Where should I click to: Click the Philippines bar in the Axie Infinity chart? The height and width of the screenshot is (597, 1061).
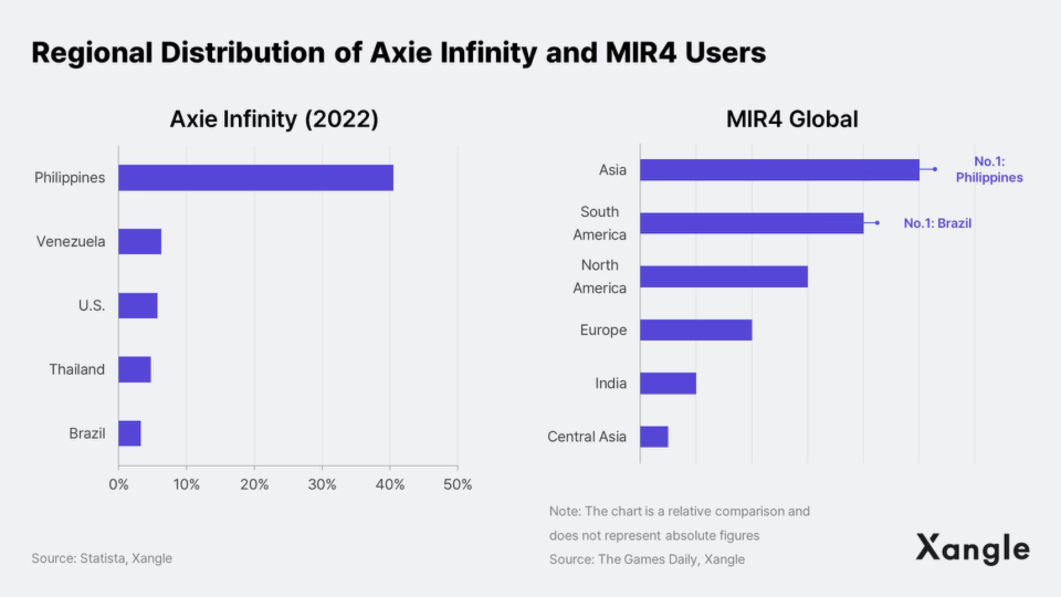(x=255, y=177)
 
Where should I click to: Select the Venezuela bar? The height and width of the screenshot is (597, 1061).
(x=140, y=242)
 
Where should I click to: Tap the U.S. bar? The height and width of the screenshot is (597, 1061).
(x=138, y=306)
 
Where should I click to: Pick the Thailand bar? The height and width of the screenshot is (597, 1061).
(x=134, y=369)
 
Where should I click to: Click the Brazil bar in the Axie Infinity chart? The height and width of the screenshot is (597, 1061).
(x=129, y=433)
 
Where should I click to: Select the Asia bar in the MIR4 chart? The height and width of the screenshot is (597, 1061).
(x=779, y=170)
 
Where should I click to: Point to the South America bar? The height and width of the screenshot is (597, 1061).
(x=752, y=223)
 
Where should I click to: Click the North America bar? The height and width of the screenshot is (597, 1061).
(x=724, y=276)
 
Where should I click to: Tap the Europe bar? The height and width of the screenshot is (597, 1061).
(x=696, y=330)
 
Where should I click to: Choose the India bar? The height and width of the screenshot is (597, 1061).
(x=668, y=384)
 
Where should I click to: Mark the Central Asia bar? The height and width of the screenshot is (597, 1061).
(x=654, y=437)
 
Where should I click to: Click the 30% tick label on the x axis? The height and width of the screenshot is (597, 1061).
(x=322, y=485)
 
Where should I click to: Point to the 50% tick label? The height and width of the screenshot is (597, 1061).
(x=458, y=485)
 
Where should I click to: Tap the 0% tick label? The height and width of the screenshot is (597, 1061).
(x=118, y=485)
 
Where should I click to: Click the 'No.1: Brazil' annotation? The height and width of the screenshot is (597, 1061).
(x=937, y=223)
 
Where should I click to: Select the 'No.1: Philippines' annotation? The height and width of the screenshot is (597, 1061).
(x=989, y=170)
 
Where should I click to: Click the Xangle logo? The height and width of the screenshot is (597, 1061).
(x=973, y=548)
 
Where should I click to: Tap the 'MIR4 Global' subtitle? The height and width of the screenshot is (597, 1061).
(x=792, y=119)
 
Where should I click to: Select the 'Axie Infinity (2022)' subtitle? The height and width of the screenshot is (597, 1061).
(x=274, y=119)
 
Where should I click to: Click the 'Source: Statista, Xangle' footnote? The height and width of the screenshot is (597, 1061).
(x=102, y=558)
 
